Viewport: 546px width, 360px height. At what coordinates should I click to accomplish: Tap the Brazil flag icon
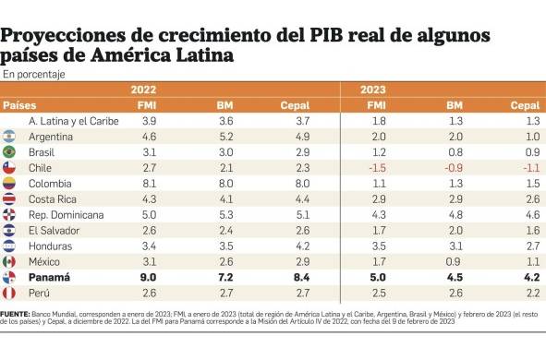(10, 151)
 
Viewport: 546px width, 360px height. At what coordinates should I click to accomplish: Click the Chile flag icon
(10, 168)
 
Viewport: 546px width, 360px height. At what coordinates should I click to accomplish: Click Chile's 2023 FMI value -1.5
(376, 168)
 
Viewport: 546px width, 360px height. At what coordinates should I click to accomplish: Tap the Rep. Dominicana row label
(65, 215)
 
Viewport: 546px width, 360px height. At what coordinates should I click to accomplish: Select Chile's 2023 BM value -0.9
(455, 168)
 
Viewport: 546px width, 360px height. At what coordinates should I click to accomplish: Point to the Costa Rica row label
(52, 199)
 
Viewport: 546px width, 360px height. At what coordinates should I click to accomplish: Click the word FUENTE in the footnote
(16, 315)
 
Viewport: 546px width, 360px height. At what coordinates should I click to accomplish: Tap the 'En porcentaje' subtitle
(33, 73)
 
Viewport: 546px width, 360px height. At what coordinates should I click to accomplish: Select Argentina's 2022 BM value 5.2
(224, 137)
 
